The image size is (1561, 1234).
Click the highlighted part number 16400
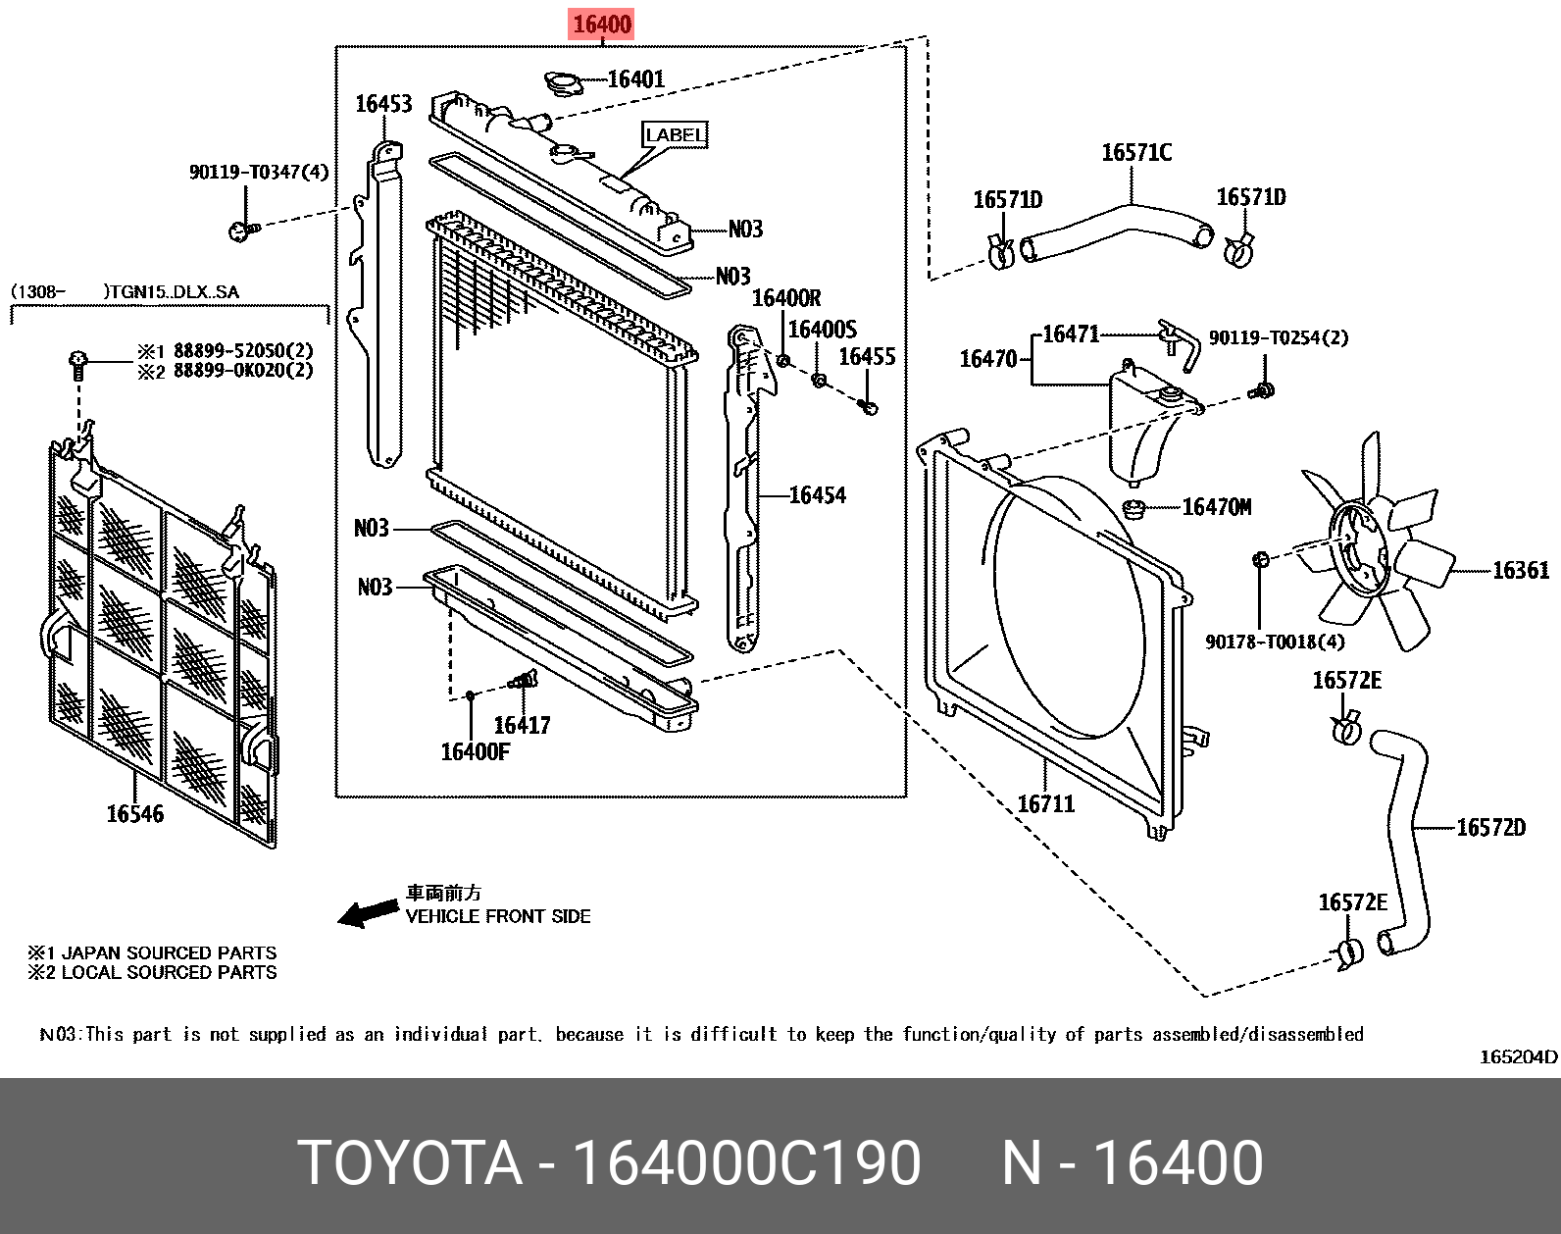click(602, 25)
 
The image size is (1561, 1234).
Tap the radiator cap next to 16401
click(563, 83)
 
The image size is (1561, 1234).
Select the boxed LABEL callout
click(675, 135)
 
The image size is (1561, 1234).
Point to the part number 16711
click(1046, 804)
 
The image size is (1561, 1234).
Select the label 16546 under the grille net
click(135, 814)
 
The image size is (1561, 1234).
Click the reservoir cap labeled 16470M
click(1134, 508)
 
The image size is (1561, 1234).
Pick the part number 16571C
click(1136, 153)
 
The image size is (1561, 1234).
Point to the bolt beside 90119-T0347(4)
click(241, 231)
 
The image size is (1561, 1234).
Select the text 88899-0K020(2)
click(243, 371)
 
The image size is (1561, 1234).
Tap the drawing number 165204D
click(1518, 1056)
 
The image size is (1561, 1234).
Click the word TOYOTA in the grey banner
click(410, 1163)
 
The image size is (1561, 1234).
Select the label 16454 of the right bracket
click(817, 495)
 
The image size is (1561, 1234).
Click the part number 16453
click(383, 104)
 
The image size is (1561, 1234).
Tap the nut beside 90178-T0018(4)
click(1262, 560)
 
